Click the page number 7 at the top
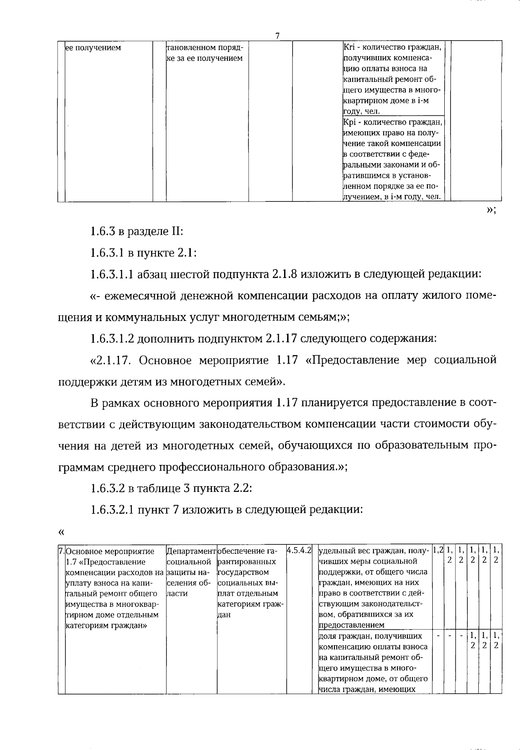pyautogui.click(x=277, y=36)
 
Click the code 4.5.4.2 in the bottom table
pyautogui.click(x=300, y=551)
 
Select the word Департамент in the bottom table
pyautogui.click(x=191, y=551)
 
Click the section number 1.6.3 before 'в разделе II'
pyautogui.click(x=103, y=231)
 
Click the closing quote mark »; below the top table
pyautogui.click(x=491, y=210)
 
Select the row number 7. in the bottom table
pyautogui.click(x=62, y=552)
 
